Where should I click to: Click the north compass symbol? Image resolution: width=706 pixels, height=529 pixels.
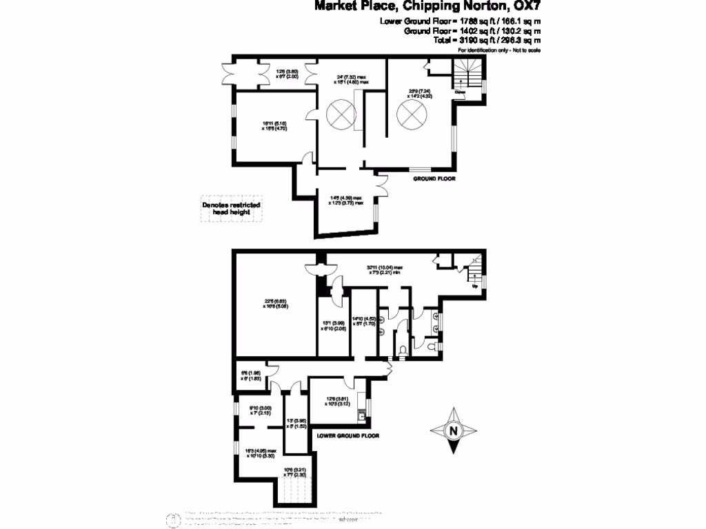click(x=453, y=431)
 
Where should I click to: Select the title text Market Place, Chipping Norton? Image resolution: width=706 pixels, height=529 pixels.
click(x=427, y=8)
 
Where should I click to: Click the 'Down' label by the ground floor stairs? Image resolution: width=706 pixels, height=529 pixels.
click(x=459, y=92)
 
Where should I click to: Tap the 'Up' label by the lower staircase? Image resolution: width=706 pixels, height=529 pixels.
click(x=474, y=286)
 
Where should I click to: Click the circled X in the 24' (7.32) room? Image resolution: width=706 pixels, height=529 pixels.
click(x=339, y=114)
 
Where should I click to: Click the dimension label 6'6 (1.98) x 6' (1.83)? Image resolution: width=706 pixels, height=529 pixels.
click(x=247, y=375)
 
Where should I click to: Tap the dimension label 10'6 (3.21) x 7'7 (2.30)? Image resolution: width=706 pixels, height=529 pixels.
click(x=295, y=472)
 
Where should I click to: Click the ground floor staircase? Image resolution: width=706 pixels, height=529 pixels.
click(x=468, y=75)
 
